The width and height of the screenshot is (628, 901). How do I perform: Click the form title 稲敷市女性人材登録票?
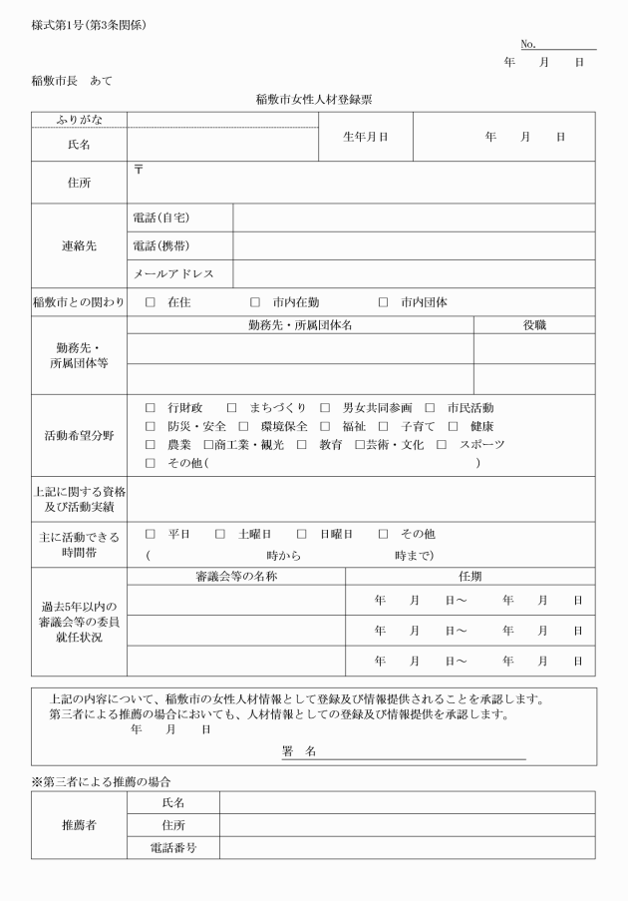[313, 99]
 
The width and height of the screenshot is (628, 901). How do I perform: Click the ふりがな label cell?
[79, 120]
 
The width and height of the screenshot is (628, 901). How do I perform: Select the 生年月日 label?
[365, 136]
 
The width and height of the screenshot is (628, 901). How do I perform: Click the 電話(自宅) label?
[160, 218]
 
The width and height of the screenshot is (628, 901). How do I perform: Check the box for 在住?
[152, 302]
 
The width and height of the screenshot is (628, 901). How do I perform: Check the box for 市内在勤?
[255, 302]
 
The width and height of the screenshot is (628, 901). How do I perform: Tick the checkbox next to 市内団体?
[384, 302]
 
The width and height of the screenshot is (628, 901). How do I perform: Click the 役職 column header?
[534, 324]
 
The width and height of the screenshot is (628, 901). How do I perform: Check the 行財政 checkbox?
[152, 407]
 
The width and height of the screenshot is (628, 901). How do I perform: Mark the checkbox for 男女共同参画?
[325, 407]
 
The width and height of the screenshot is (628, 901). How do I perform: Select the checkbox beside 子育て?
[383, 426]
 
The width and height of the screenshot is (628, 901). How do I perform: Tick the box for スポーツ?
[442, 444]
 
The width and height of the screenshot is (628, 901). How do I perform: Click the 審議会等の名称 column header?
[236, 576]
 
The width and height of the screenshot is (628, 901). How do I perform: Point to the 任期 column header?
[470, 576]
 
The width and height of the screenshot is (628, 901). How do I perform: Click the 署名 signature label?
[299, 751]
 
